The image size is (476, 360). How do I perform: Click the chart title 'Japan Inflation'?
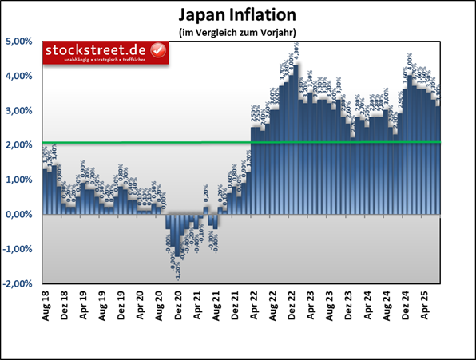pyautogui.click(x=237, y=15)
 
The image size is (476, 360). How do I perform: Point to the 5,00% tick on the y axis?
pyautogui.click(x=19, y=42)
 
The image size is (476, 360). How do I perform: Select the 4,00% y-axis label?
pyautogui.click(x=19, y=77)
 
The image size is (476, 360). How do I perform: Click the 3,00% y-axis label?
pyautogui.click(x=19, y=111)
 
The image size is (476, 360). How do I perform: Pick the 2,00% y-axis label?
pyautogui.click(x=19, y=145)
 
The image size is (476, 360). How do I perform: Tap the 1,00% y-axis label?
pyautogui.click(x=19, y=180)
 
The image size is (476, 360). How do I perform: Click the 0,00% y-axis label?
pyautogui.click(x=19, y=215)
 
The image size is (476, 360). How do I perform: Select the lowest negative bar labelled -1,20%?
pyautogui.click(x=177, y=235)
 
